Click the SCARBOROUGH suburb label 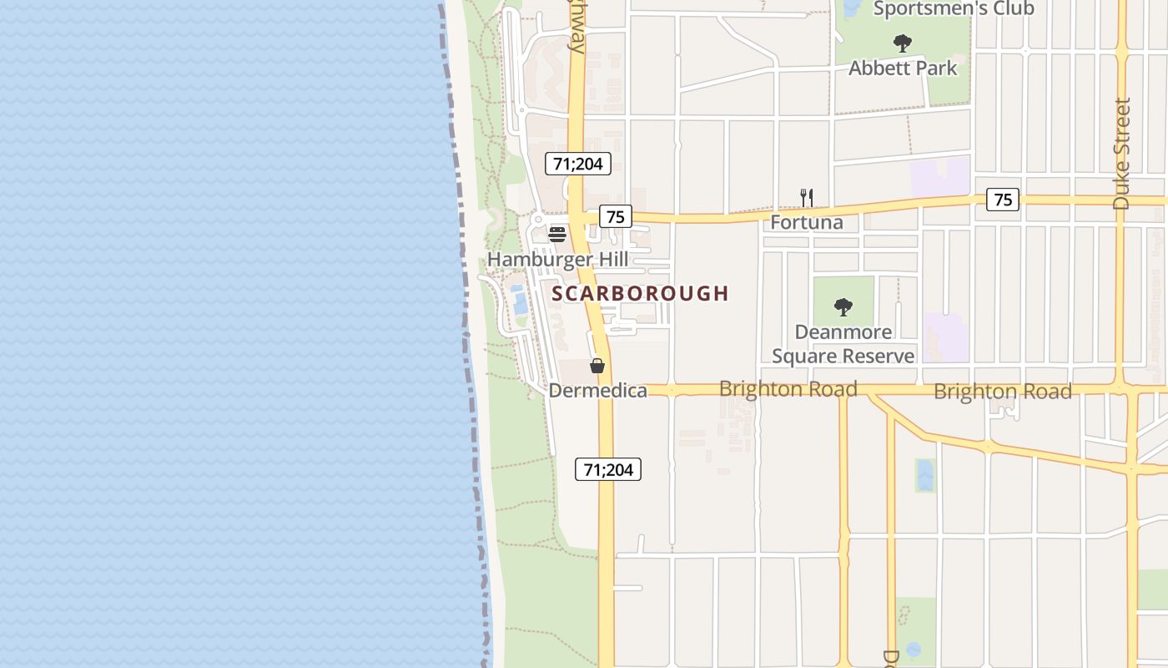pos(640,293)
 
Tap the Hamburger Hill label pos(557,259)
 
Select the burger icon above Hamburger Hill pos(557,234)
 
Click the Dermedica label pos(597,390)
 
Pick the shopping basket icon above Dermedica pos(597,365)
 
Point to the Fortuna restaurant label pos(806,222)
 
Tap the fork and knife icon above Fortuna pos(806,198)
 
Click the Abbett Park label pos(903,68)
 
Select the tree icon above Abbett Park pos(902,43)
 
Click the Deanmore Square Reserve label pos(843,344)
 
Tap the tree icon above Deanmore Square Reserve pos(843,306)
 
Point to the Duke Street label pos(1122,154)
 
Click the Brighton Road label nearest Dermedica pos(788,389)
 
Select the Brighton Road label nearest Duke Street pos(1002,391)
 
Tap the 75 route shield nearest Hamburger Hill pos(615,217)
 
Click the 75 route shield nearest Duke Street pos(1003,200)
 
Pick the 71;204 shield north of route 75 pos(578,164)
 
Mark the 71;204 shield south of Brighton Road pos(608,469)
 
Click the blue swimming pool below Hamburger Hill pos(520,300)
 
